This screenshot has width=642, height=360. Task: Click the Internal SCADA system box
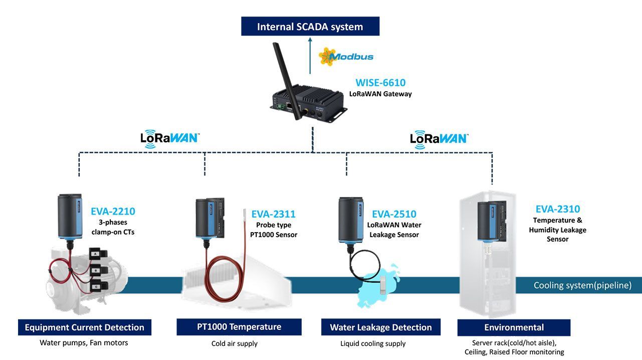pyautogui.click(x=310, y=26)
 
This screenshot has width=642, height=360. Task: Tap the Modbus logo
pyautogui.click(x=346, y=57)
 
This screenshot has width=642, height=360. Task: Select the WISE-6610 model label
pyautogui.click(x=380, y=83)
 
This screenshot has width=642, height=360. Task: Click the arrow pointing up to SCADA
pyautogui.click(x=310, y=56)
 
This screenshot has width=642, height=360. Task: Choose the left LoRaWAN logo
pyautogui.click(x=170, y=139)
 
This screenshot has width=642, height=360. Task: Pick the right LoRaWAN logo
pyautogui.click(x=439, y=139)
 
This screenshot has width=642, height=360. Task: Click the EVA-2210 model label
pyautogui.click(x=113, y=211)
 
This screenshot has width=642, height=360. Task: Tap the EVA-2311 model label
pyautogui.click(x=273, y=214)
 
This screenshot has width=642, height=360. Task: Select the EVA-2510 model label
pyautogui.click(x=394, y=214)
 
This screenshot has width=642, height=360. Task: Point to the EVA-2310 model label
pyautogui.click(x=558, y=209)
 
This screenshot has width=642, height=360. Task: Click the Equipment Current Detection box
pyautogui.click(x=85, y=327)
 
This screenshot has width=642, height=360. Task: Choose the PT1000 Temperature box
pyautogui.click(x=239, y=327)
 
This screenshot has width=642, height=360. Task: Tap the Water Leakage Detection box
pyautogui.click(x=380, y=327)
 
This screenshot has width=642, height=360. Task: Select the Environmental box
pyautogui.click(x=514, y=327)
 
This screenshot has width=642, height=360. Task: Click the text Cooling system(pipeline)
pyautogui.click(x=582, y=285)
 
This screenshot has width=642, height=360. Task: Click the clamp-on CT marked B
pyautogui.click(x=98, y=270)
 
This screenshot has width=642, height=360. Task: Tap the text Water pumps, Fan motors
pyautogui.click(x=84, y=343)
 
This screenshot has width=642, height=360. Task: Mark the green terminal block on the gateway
pyautogui.click(x=280, y=107)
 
